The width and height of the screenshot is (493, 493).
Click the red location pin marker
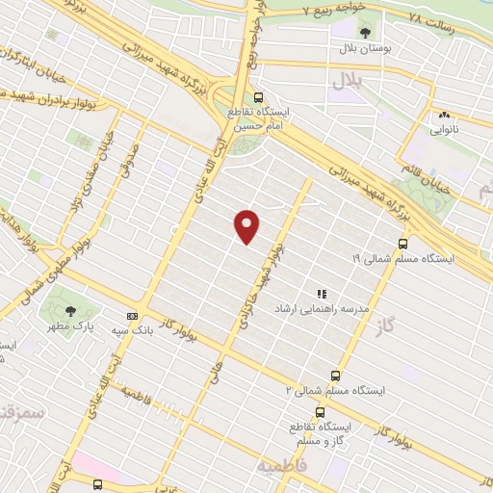coord(247,226)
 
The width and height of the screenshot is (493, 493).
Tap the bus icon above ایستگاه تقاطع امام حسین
coord(258,96)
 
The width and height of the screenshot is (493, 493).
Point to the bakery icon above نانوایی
coord(444,114)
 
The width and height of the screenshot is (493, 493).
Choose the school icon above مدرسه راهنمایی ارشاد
coord(322,294)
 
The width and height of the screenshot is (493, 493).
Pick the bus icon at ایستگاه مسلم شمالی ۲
coord(335,376)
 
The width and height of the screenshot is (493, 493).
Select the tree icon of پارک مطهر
coord(70,310)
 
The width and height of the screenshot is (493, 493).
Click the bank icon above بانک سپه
coord(132,315)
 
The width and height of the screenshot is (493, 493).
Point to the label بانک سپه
coord(133,329)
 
